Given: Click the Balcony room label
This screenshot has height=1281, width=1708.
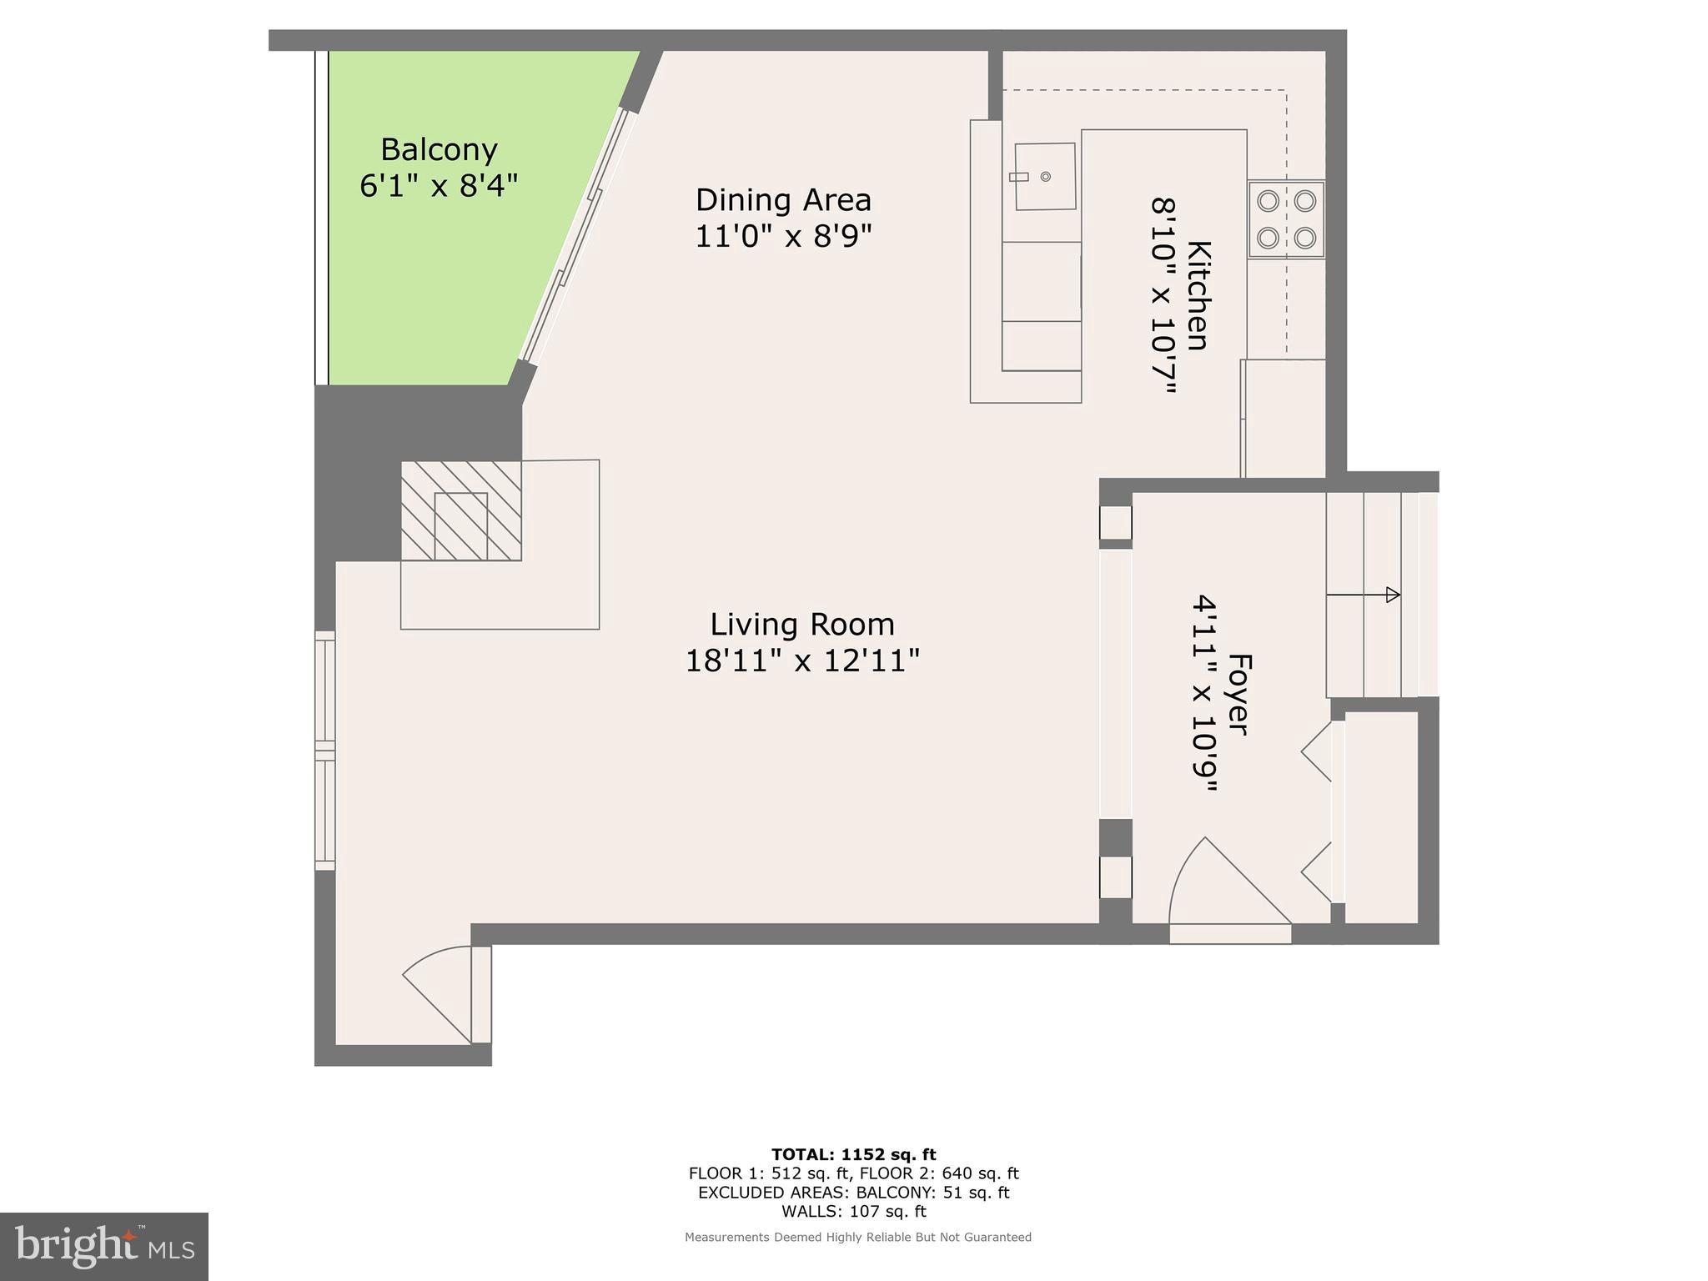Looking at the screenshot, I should point(439,149).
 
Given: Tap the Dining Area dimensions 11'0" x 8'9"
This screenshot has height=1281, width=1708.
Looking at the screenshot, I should point(783,236).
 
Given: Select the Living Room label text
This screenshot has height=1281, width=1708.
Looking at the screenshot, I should point(802,624).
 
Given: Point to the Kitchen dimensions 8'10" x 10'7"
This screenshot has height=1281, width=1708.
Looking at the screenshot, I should point(1164,295).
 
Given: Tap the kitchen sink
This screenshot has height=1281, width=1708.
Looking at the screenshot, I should point(1043,177).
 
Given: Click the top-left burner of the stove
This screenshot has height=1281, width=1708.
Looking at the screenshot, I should point(1268,201).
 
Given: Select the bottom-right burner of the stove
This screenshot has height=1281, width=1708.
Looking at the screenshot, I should point(1305,239).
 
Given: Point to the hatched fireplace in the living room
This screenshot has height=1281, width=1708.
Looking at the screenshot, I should point(461,510).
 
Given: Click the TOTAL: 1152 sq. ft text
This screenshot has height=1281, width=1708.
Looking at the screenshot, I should point(853,1154).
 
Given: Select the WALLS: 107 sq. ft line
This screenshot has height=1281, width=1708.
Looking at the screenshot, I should point(853,1211).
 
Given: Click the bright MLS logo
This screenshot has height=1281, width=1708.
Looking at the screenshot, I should point(104,1246).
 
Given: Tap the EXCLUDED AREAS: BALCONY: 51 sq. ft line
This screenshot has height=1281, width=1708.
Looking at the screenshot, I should point(853,1193).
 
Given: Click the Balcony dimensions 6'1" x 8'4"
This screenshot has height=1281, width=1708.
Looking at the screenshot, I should point(439,185).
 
